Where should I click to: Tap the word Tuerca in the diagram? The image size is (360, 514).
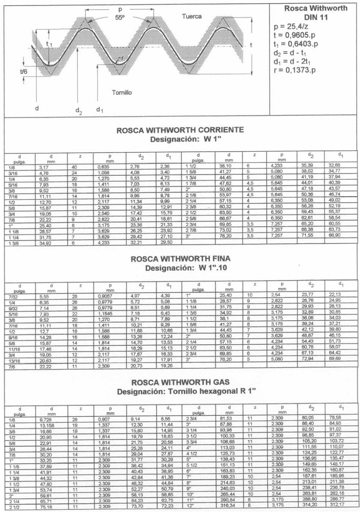click(192, 17)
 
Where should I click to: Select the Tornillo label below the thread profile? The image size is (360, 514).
click(122, 92)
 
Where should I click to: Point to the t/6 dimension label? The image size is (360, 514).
click(24, 70)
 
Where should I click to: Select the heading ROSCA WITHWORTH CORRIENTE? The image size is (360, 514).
click(180, 130)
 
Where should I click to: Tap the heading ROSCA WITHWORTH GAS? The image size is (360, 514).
click(180, 382)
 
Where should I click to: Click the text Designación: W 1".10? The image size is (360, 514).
click(180, 267)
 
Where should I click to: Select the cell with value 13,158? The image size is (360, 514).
click(46, 425)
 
